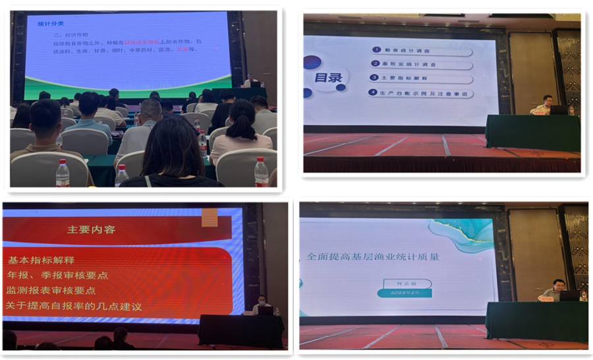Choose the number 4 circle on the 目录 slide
coord(373,93)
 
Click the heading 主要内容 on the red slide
coord(91,230)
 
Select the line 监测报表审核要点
coord(51,290)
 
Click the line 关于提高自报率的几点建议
coord(73,306)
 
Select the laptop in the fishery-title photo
coord(569,295)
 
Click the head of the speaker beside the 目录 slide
coord(546,101)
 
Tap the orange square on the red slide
coord(210,218)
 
